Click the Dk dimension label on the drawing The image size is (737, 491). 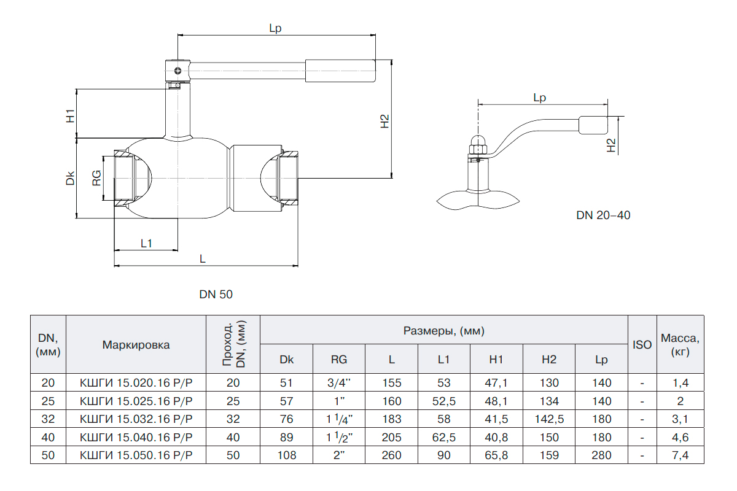(x=71, y=178)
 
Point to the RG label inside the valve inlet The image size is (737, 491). (x=96, y=178)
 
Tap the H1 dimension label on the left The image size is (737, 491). (x=71, y=115)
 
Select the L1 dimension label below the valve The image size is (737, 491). (x=146, y=243)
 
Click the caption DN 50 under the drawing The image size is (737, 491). (x=216, y=295)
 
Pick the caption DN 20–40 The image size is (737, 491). (x=603, y=215)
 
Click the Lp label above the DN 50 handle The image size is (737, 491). (x=276, y=28)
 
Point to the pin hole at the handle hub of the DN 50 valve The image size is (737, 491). (x=177, y=71)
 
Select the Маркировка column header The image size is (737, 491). (x=136, y=345)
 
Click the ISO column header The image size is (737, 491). (x=642, y=345)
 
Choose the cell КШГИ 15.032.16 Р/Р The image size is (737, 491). (x=136, y=419)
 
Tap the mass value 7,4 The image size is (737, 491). (x=680, y=455)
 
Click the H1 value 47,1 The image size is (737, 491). (x=496, y=383)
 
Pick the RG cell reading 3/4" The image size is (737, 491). (x=339, y=383)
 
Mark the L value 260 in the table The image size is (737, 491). (x=391, y=455)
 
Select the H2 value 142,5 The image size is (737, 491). (x=549, y=419)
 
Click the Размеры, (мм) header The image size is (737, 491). (x=444, y=331)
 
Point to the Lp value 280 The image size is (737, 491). (x=601, y=455)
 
